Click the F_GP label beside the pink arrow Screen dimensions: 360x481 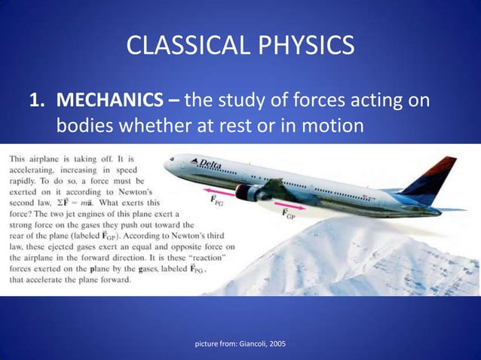tap(288, 215)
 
